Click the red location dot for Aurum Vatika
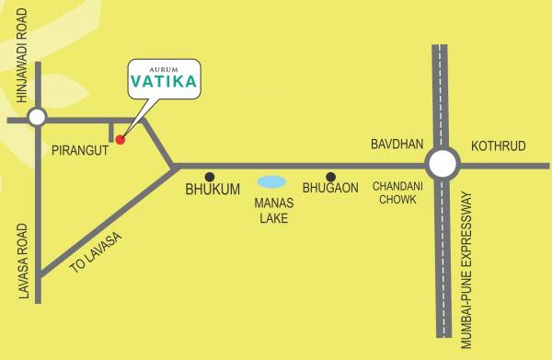tap(120, 140)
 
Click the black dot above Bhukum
tap(210, 176)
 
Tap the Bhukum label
tap(213, 189)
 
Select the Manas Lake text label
tap(271, 211)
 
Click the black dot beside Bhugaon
tap(331, 177)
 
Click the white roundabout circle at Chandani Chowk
tap(443, 165)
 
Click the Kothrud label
tap(497, 146)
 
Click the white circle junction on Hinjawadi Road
tap(37, 117)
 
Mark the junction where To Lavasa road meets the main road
tap(175, 166)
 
